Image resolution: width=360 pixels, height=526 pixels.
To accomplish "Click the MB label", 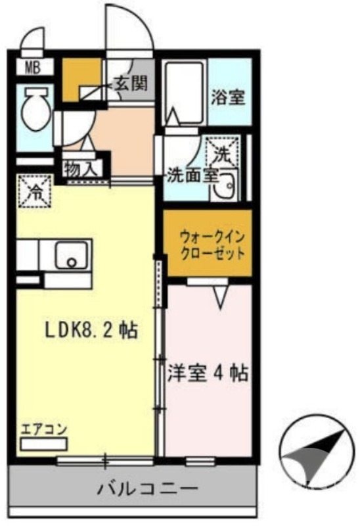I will pyautogui.click(x=32, y=66).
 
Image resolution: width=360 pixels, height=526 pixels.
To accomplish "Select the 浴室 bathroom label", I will pyautogui.click(x=228, y=98).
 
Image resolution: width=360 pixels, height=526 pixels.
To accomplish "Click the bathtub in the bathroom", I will pyautogui.click(x=184, y=92).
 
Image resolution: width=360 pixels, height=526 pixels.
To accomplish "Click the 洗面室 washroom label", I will pyautogui.click(x=191, y=176).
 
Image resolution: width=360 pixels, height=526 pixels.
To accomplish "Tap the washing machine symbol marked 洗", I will pyautogui.click(x=221, y=152).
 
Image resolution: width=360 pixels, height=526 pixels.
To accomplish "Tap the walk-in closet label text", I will pyautogui.click(x=212, y=243).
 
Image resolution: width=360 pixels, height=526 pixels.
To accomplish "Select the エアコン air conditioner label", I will pyautogui.click(x=43, y=431).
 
